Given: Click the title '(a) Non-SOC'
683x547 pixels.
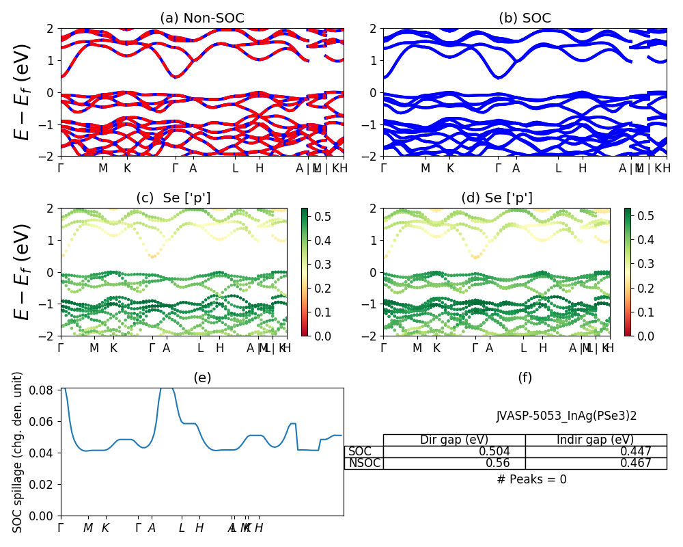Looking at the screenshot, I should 201,18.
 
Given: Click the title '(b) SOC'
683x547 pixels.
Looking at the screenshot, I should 525,18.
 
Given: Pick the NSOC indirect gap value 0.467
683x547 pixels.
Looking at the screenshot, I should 635,464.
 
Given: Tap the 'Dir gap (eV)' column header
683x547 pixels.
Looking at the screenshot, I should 454,440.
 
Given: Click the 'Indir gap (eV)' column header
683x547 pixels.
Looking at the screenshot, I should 595,440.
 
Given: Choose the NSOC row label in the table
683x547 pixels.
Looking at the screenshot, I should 365,464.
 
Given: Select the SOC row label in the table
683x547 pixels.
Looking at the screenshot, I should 361,452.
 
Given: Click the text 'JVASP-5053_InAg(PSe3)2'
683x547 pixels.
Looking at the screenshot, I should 566,416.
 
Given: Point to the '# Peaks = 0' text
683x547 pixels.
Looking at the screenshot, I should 531,479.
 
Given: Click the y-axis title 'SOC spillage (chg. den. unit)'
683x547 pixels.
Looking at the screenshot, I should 18,452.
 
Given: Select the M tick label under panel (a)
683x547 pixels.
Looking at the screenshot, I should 103,168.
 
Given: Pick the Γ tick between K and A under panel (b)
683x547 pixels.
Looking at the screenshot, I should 498,168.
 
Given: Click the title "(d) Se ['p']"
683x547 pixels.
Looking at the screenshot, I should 497,198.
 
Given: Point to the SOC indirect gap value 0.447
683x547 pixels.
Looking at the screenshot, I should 635,452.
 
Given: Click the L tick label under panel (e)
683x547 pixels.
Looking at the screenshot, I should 182,528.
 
